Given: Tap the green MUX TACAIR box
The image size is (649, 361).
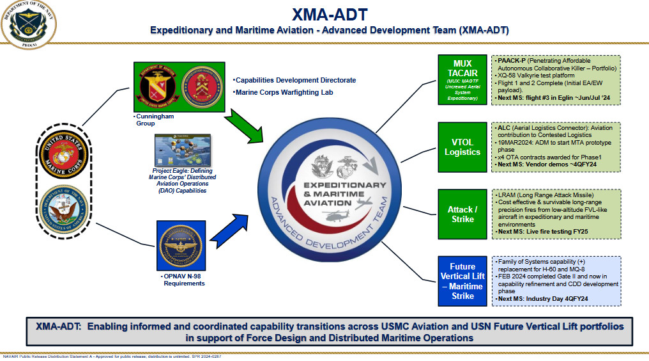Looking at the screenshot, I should tap(462, 79).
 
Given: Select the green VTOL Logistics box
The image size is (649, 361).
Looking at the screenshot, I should tap(462, 147).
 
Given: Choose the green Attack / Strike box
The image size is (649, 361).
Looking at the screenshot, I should tap(462, 214).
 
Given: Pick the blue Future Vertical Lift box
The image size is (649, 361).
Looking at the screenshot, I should tap(462, 282).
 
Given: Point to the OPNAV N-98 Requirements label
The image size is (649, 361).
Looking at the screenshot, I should tap(183, 278).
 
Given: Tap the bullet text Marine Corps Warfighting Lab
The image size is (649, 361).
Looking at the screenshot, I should tap(284, 92).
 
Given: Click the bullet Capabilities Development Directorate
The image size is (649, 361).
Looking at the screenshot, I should tap(294, 80).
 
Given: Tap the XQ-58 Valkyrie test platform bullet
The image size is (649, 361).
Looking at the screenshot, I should tap(540, 76).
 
